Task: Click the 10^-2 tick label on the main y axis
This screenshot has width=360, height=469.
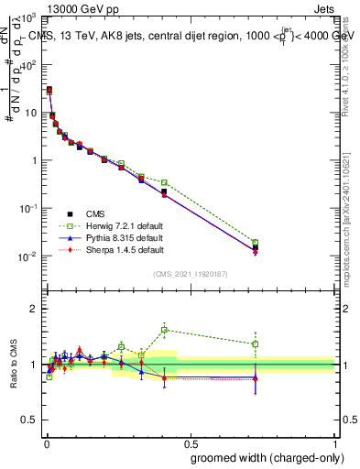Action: click(27, 256)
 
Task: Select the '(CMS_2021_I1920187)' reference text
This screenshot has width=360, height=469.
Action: click(189, 273)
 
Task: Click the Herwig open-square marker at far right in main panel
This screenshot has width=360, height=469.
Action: click(256, 243)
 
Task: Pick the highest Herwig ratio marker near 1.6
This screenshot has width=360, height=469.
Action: click(164, 330)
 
